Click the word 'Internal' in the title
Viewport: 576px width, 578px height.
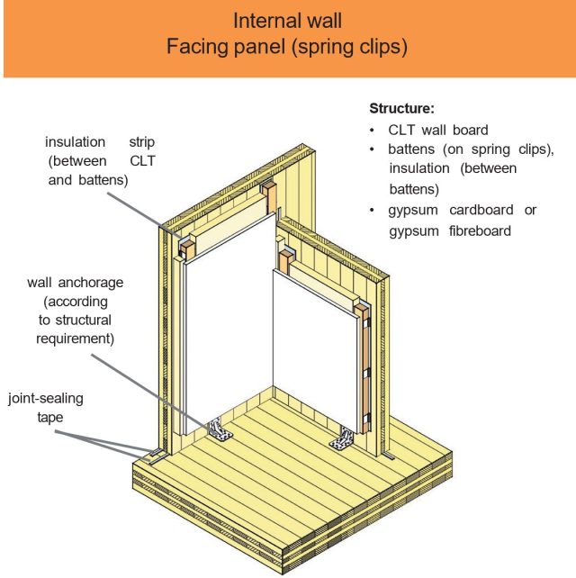pos(260,20)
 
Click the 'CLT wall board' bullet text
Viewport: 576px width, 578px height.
pos(438,131)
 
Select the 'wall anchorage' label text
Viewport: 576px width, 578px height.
pos(76,282)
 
